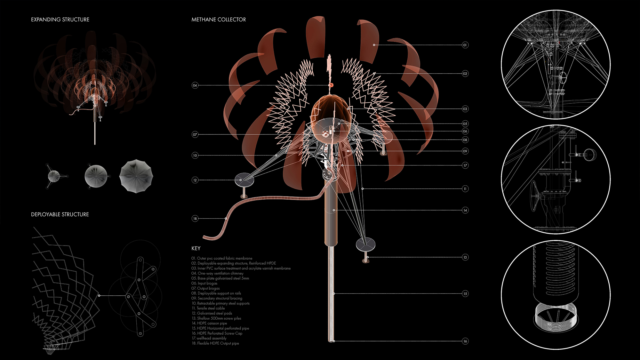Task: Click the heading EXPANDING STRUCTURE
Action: pos(60,20)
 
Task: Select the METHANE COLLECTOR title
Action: pos(219,20)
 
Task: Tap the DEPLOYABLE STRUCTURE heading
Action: pos(60,214)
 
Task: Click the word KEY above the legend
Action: pos(196,248)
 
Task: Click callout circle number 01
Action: pos(465,45)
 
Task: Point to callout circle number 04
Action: pos(195,85)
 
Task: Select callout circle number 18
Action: pos(195,219)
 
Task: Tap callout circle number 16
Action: pos(465,341)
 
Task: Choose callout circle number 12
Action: pos(195,180)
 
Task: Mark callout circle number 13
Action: pos(465,257)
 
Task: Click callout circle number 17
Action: pos(465,165)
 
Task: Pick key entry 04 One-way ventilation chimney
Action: pos(217,273)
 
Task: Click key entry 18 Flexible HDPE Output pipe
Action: pos(215,343)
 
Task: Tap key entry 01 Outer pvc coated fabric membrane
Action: pos(222,258)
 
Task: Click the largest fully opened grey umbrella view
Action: pos(136,176)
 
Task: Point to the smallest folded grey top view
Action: pos(54,176)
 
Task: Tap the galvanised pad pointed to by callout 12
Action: pos(244,180)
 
